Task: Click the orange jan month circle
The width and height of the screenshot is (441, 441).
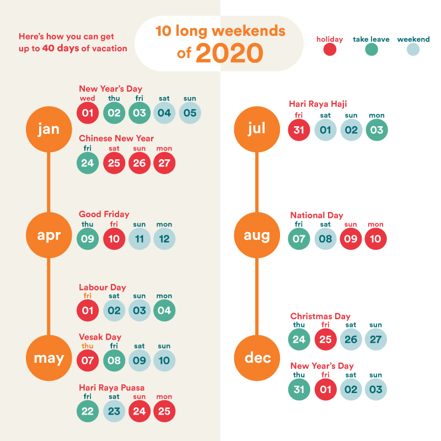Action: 49,129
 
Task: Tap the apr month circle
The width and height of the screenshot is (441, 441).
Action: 49,235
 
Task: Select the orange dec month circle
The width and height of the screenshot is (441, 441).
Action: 257,358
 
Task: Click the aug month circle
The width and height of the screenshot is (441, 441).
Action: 257,235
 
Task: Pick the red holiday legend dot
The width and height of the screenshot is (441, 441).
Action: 330,50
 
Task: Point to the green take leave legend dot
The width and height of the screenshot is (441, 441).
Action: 372,50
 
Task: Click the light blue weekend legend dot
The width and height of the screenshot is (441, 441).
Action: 413,50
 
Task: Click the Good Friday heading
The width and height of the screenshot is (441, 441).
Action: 104,214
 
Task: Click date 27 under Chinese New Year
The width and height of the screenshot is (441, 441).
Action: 164,163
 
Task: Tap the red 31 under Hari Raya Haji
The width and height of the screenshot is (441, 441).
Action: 299,131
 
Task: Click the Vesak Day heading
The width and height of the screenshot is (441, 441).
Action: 100,337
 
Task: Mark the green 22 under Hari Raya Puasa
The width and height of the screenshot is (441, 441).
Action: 88,411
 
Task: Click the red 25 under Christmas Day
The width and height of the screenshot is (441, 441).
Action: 325,339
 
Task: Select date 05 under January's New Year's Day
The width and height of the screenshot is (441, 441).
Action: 190,113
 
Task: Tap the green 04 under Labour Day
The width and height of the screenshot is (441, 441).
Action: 164,310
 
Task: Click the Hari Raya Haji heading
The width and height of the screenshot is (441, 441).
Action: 318,104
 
